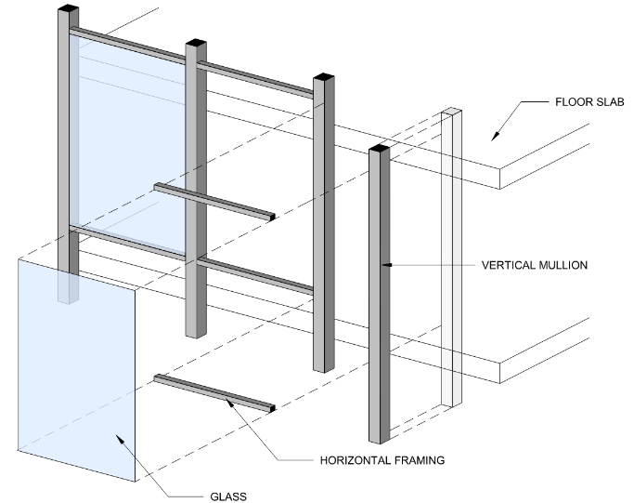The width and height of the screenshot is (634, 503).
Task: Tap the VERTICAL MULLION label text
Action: pos(534,265)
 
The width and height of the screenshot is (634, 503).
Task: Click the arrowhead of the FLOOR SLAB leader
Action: pos(494,137)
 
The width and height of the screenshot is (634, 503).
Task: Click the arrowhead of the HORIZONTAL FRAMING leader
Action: pos(228,400)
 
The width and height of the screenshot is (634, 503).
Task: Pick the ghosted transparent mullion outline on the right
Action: pos(451,260)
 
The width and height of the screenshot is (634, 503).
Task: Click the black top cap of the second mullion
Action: pos(195,43)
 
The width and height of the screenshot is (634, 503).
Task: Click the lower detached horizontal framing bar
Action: pos(213,394)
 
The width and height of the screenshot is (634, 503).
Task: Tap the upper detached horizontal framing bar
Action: pos(213,201)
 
